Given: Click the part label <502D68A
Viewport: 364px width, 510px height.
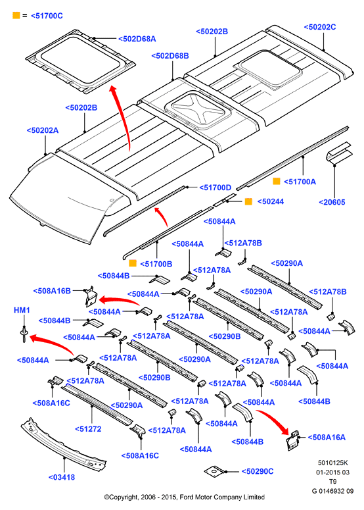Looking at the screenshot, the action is (x=137, y=39).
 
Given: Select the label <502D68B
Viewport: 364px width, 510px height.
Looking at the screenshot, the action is (x=170, y=56).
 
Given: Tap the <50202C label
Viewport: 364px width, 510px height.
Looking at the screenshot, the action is (x=320, y=27).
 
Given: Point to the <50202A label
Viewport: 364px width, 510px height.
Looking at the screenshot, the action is (x=43, y=130).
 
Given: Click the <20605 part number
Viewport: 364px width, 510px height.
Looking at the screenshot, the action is (x=332, y=202).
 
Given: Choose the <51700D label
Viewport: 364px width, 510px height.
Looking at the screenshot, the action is (x=216, y=188).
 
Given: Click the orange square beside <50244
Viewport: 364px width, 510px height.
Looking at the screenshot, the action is (x=248, y=201).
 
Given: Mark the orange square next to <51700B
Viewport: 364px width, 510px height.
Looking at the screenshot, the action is (x=133, y=263).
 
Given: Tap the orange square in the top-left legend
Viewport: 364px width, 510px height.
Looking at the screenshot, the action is (x=16, y=15).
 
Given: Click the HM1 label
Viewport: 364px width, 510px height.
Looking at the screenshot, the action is (x=22, y=311).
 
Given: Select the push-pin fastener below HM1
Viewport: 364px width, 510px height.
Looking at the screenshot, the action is (x=24, y=334).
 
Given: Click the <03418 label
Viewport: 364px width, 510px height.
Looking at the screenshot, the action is (x=62, y=478).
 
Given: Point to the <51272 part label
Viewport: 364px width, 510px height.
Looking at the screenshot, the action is (x=88, y=429).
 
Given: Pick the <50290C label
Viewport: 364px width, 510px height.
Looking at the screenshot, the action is (x=258, y=472).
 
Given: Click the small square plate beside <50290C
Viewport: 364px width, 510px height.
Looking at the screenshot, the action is (x=214, y=471).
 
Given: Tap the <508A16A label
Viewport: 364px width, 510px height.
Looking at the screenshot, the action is (x=327, y=438).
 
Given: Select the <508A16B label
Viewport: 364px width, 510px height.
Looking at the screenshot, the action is (x=52, y=291).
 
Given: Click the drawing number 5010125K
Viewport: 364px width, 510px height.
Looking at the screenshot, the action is (x=333, y=463).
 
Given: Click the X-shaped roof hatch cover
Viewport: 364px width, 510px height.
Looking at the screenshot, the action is (x=198, y=110).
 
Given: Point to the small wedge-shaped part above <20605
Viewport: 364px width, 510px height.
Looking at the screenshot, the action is (x=338, y=152).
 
